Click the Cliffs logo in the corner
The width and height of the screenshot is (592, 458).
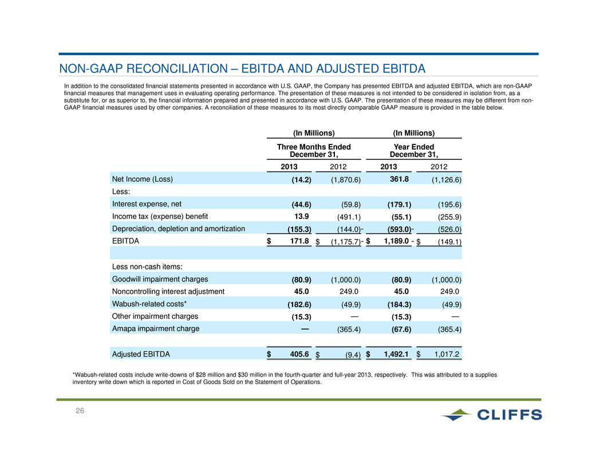click(491, 414)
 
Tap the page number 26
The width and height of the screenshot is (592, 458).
click(80, 411)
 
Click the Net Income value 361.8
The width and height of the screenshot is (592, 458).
click(399, 179)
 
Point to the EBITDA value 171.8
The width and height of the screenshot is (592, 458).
click(299, 241)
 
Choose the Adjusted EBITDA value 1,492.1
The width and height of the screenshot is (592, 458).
click(396, 354)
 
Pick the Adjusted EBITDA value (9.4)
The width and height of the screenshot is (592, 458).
click(353, 355)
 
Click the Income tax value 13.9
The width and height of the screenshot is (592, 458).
click(301, 216)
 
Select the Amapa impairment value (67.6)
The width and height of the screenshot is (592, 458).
click(401, 329)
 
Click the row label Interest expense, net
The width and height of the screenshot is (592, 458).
click(147, 204)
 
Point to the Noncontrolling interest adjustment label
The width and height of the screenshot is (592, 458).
click(168, 291)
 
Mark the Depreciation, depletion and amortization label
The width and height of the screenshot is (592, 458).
click(178, 229)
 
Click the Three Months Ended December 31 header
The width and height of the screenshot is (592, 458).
click(314, 150)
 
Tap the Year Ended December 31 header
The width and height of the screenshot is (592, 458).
click(414, 150)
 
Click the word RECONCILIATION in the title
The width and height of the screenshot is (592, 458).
click(177, 68)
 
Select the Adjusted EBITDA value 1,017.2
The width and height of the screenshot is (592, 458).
click(447, 354)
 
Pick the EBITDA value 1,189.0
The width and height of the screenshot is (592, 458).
click(396, 241)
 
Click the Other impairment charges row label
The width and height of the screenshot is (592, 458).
click(155, 316)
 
